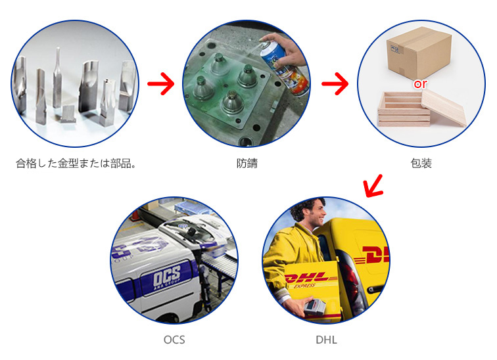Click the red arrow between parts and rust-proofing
click(x=161, y=83)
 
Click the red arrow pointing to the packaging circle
click(x=335, y=83)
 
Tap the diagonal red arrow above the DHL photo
click(x=374, y=186)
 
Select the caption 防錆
click(x=247, y=164)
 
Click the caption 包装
click(x=421, y=164)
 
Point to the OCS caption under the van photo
click(x=174, y=340)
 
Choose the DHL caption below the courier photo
click(x=326, y=340)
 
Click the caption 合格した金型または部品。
click(x=76, y=164)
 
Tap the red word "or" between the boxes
click(x=420, y=84)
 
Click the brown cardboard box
click(x=419, y=52)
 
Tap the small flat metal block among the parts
click(x=68, y=114)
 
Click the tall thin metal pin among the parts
click(x=58, y=78)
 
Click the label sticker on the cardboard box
click(x=396, y=49)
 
